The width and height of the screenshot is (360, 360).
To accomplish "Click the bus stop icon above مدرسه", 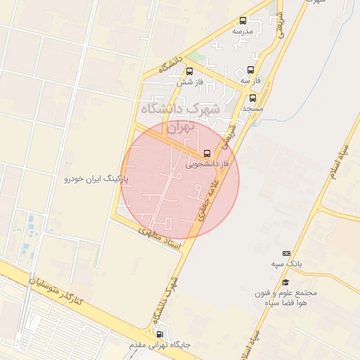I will coord(243,21).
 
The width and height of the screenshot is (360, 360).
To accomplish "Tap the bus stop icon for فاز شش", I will coord(189,71).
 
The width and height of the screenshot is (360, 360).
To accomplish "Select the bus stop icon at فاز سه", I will coord(251,70).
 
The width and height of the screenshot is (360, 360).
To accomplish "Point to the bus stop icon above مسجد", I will coord(252,98).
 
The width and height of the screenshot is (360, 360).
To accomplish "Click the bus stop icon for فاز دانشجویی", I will coord(207,153).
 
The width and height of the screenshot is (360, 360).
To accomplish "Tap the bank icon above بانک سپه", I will coord(286,253).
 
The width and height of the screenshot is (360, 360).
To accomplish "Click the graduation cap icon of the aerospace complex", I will coord(288,283).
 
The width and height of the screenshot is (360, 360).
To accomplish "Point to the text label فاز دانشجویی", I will coord(209,163).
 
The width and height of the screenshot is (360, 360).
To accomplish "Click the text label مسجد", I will coord(252,109).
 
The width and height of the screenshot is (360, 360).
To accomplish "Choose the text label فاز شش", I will coord(189,82).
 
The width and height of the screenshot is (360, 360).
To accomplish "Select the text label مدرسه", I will coord(243,32).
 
